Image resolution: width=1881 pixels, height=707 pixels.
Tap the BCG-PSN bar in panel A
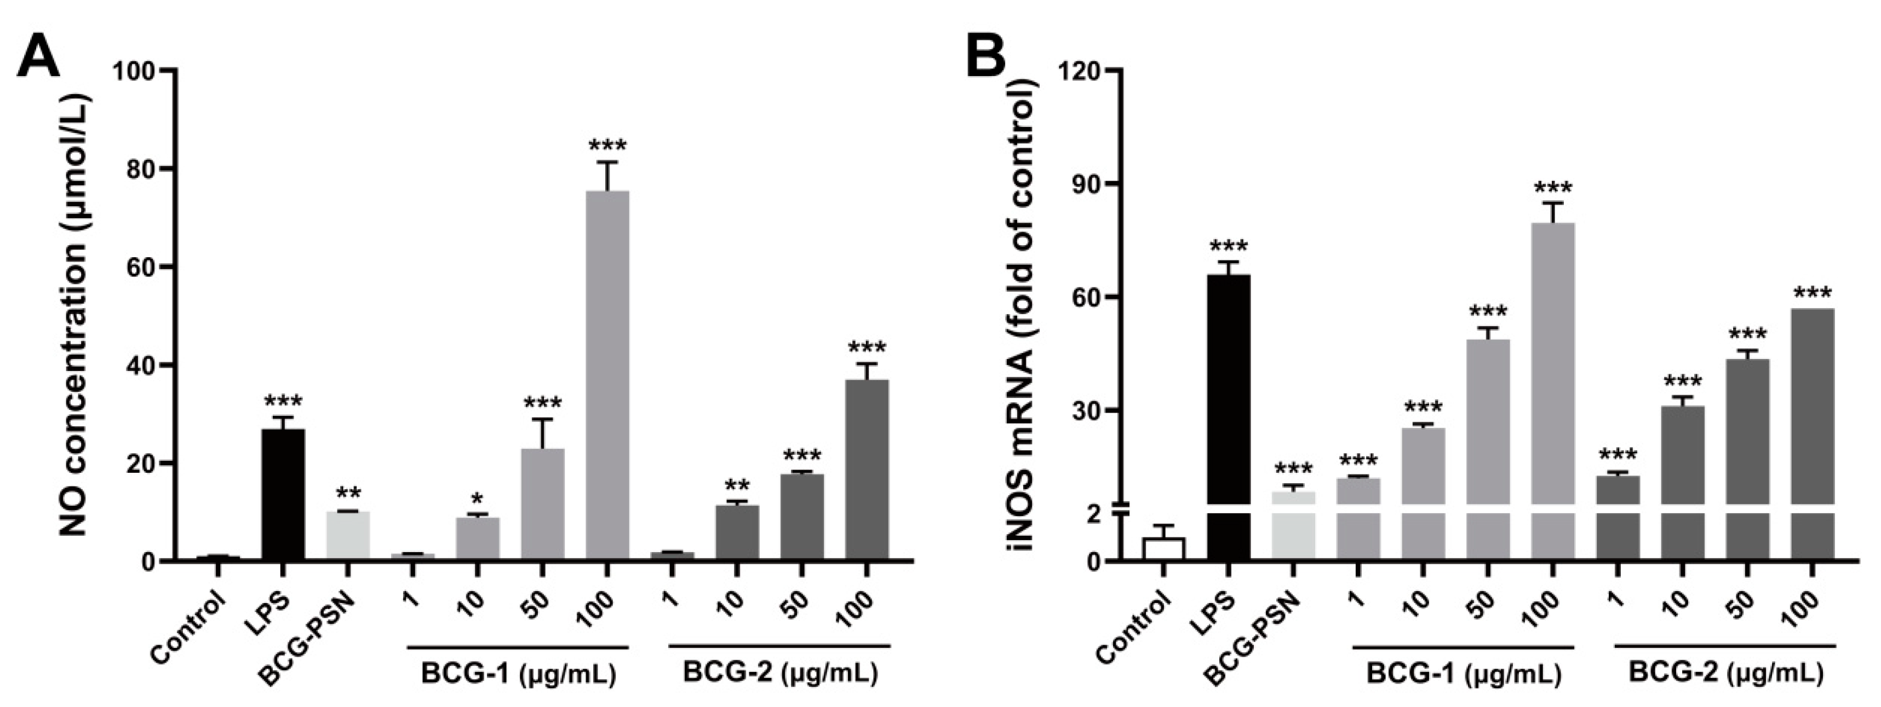(x=348, y=536)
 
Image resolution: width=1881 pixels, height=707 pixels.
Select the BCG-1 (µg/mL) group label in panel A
(x=518, y=674)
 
